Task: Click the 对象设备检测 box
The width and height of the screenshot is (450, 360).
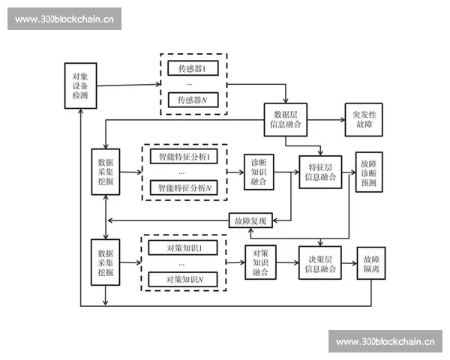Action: (x=80, y=86)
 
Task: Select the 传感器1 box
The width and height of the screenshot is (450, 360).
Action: (x=193, y=70)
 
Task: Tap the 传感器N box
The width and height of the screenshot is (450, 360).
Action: (x=193, y=100)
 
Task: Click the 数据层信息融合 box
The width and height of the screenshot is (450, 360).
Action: (x=286, y=120)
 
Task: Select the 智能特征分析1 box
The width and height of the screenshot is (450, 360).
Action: (x=183, y=157)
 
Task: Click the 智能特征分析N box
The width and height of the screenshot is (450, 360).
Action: (x=183, y=187)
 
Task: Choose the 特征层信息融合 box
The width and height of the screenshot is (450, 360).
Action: (x=320, y=172)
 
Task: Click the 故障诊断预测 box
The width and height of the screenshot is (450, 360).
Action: (x=368, y=172)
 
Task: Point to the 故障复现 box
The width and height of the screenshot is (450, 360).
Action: (x=250, y=220)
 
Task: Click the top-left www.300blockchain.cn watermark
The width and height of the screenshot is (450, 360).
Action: (x=64, y=18)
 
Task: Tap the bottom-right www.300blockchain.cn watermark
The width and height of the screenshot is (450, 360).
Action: (x=385, y=341)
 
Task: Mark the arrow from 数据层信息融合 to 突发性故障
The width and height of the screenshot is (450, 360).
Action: (x=324, y=120)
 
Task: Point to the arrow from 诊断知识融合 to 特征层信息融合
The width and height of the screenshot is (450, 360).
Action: (x=286, y=172)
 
